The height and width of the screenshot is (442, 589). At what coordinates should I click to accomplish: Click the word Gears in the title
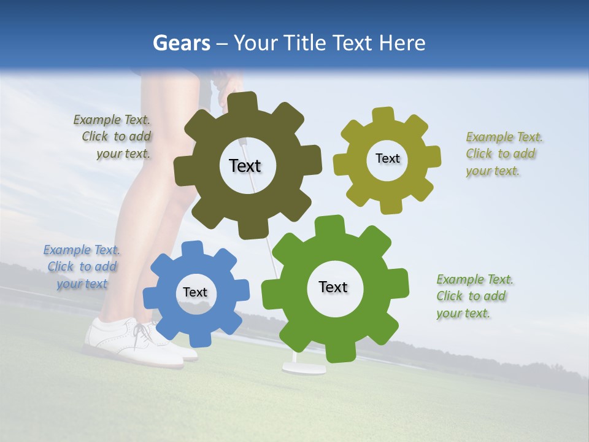pos(180,43)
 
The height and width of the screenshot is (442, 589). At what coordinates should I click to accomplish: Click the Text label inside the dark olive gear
pos(245,166)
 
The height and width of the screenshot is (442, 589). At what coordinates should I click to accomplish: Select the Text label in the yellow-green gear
pos(387,158)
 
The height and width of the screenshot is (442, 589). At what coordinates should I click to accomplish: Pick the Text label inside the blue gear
pos(195,292)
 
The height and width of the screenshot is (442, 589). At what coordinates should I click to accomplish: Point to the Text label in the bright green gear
pos(333,287)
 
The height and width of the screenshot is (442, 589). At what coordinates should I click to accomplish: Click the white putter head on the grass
pos(304,368)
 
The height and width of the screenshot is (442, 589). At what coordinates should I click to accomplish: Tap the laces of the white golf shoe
pos(143,332)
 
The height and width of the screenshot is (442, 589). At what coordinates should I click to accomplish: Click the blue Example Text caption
pos(82,266)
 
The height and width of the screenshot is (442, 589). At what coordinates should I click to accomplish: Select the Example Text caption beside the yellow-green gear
pos(504,153)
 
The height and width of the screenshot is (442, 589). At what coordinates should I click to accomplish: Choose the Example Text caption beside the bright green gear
pos(474,296)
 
